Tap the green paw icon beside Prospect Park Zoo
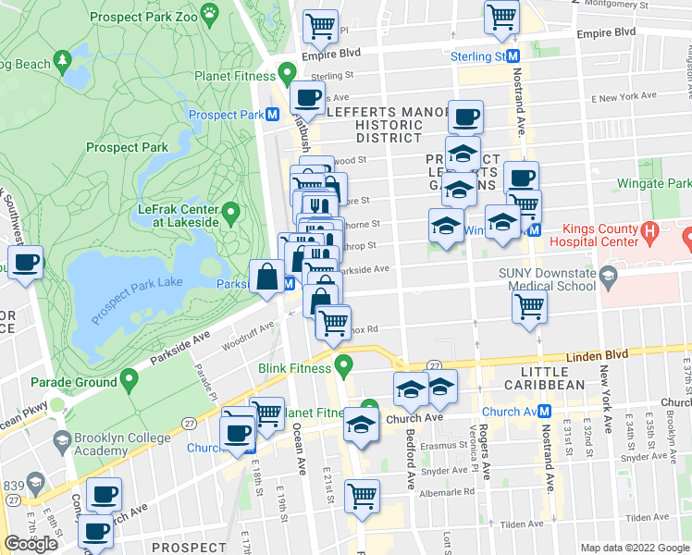pyautogui.click(x=212, y=13)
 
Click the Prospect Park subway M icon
pyautogui.click(x=273, y=115)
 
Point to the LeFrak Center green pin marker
pyautogui.click(x=231, y=214)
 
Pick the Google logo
pyautogui.click(x=31, y=544)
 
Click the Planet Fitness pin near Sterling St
pyautogui.click(x=287, y=72)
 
